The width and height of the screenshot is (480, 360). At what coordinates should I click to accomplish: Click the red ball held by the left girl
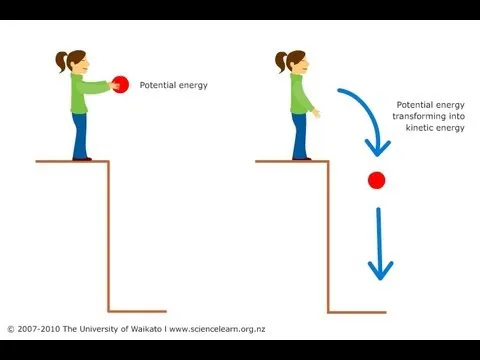click(121, 85)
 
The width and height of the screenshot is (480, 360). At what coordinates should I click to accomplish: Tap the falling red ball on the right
click(376, 180)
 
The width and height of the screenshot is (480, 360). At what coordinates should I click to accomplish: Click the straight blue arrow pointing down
click(379, 245)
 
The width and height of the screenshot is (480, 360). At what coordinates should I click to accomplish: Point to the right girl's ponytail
click(279, 63)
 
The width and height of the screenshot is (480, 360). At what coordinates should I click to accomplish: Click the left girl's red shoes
click(82, 158)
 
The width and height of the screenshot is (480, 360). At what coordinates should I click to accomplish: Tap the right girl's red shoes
click(299, 158)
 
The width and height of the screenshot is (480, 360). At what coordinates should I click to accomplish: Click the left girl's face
click(84, 63)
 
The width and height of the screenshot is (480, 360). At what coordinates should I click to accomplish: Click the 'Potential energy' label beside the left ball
click(173, 86)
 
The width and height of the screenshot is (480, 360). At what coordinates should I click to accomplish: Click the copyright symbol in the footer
click(10, 329)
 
